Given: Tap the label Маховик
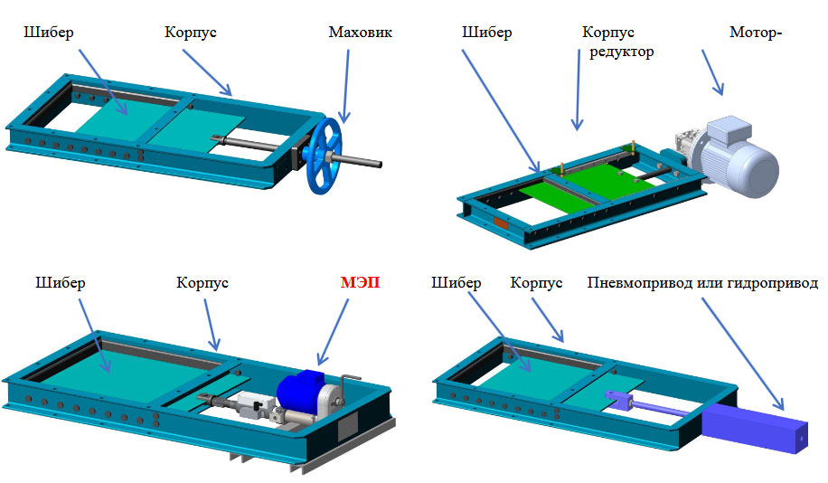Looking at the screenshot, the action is click(360, 33).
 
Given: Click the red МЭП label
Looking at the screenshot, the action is click(360, 282).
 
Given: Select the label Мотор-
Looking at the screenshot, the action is click(755, 33).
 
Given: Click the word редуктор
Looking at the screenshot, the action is click(622, 52).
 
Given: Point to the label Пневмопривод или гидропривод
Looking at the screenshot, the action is click(702, 283).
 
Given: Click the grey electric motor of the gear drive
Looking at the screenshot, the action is click(737, 156).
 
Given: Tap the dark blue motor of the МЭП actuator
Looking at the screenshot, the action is click(300, 391).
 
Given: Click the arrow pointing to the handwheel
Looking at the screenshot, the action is click(346, 87).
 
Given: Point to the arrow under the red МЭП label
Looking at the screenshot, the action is click(333, 332).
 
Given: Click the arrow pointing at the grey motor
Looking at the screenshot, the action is click(712, 72).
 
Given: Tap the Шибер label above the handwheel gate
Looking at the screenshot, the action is click(49, 33).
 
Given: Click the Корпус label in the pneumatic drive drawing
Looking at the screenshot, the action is click(536, 283).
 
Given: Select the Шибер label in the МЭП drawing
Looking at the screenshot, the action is click(61, 283).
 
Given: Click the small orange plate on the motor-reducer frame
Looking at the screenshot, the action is click(501, 223).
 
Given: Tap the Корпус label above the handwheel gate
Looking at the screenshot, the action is click(190, 33).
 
